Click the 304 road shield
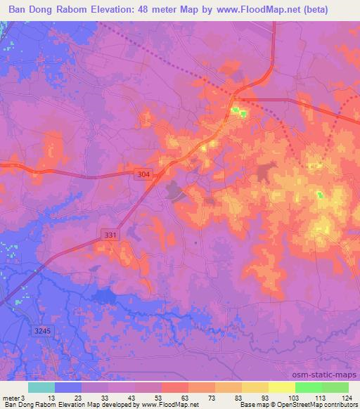143,174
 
